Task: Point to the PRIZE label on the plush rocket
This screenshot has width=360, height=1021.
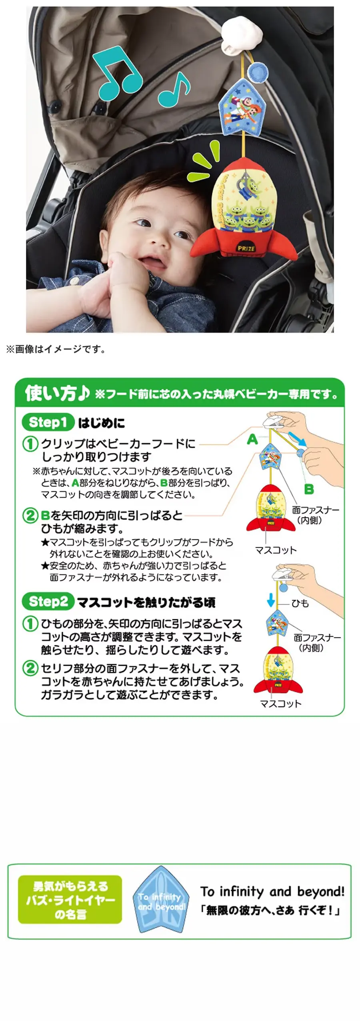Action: [246, 248]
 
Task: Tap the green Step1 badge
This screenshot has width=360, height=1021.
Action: [48, 422]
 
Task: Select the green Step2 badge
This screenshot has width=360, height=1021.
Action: [48, 601]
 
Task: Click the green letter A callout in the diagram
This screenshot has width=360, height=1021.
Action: [252, 439]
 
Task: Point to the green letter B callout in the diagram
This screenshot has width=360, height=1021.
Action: [309, 489]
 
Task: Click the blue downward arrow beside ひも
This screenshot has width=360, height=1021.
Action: [271, 600]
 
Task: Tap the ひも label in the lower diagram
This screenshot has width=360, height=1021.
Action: [300, 603]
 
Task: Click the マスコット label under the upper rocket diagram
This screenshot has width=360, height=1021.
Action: [276, 550]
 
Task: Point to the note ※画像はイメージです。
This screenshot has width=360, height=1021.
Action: [56, 349]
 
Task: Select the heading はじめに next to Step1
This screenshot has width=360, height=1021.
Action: [101, 423]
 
